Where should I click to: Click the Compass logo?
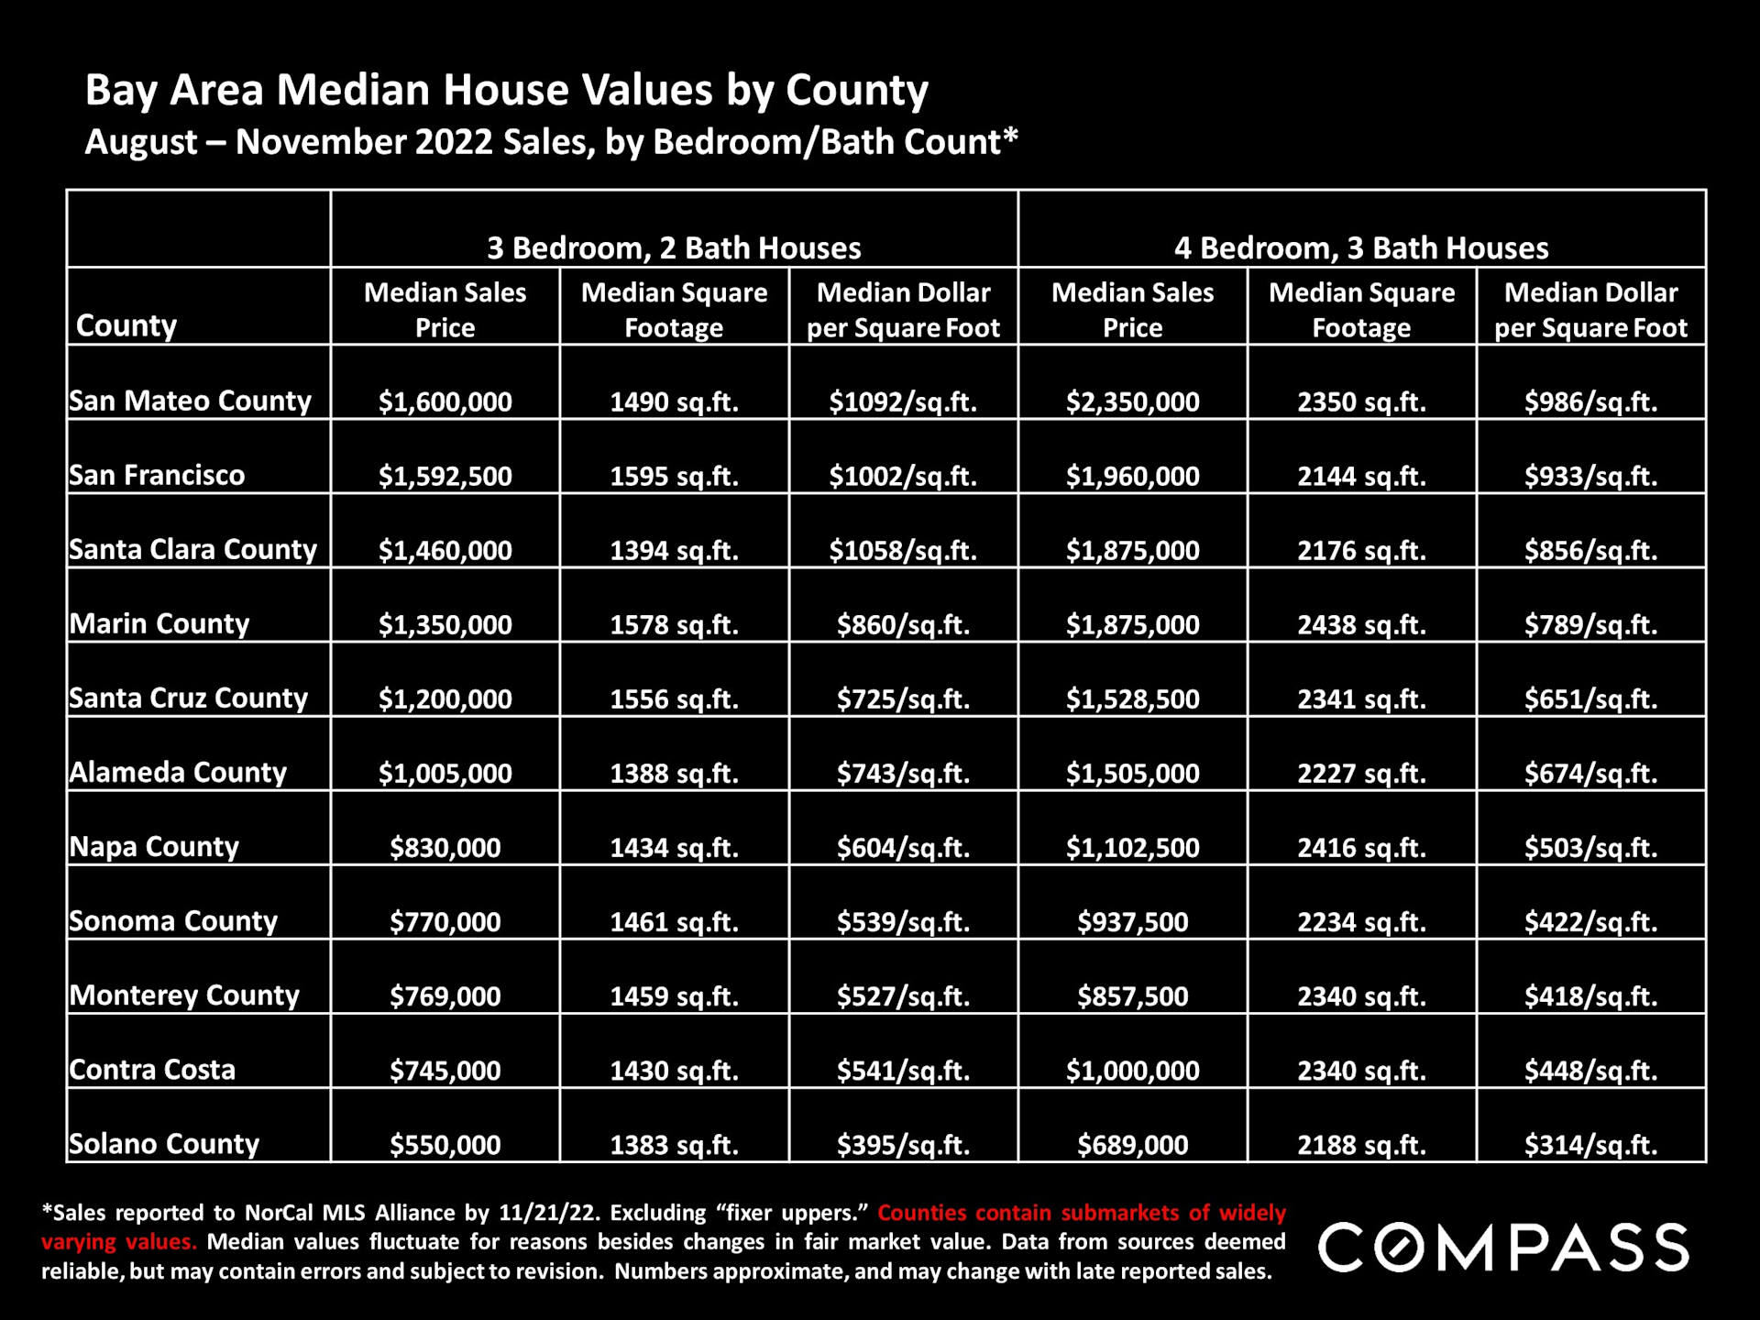click(x=1503, y=1247)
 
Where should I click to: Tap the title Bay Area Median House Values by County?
click(x=507, y=90)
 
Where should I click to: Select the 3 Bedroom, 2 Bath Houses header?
click(x=674, y=247)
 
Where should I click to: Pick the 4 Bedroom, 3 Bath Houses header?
click(x=1361, y=247)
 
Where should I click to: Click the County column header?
click(x=126, y=325)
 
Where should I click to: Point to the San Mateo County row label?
click(x=191, y=401)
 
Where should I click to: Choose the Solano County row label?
click(x=165, y=1144)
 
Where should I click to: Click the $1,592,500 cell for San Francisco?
click(x=445, y=476)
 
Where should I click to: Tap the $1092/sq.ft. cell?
click(x=903, y=401)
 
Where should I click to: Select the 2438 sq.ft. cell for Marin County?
click(x=1361, y=624)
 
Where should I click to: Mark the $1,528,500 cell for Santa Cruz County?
click(x=1132, y=698)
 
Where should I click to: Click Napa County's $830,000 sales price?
click(x=445, y=847)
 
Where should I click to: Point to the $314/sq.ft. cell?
click(x=1590, y=1144)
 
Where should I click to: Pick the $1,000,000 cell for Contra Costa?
click(x=1132, y=1070)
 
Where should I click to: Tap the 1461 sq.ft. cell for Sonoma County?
click(x=674, y=921)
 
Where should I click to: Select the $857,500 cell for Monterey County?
click(x=1132, y=995)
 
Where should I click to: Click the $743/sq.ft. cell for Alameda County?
click(x=903, y=773)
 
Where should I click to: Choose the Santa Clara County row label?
click(x=193, y=549)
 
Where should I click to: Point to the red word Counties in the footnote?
click(x=922, y=1213)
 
